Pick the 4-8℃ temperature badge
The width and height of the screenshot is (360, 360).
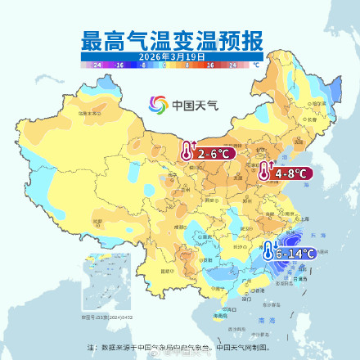point(290,173)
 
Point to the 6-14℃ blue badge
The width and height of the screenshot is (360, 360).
point(295,254)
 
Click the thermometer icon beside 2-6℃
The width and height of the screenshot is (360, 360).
point(188,151)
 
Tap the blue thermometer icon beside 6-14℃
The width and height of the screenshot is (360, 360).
point(268,252)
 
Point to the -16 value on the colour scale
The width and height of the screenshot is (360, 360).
point(119,63)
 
